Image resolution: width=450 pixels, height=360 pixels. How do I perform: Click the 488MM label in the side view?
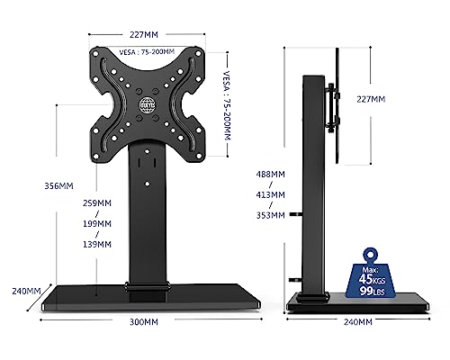pyautogui.click(x=270, y=175)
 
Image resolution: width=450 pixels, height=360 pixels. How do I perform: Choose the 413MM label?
pyautogui.click(x=270, y=193)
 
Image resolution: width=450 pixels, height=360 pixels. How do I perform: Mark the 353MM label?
pyautogui.click(x=270, y=215)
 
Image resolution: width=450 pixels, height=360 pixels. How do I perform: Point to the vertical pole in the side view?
pyautogui.click(x=312, y=180)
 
